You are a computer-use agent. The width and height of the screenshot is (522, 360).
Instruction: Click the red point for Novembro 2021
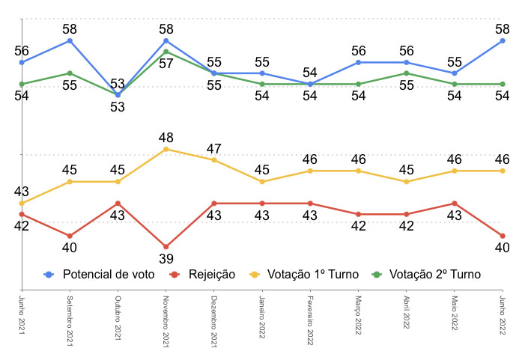coord(166,246)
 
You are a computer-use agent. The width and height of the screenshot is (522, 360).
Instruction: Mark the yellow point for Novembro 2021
coord(166,149)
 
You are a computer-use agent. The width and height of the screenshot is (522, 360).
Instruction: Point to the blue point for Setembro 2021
coord(70,40)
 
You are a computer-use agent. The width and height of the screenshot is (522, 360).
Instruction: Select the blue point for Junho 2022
coord(503,40)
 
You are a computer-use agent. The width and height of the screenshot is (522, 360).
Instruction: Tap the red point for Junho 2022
coord(503,236)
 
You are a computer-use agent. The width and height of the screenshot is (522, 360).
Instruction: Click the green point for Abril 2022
coord(407,73)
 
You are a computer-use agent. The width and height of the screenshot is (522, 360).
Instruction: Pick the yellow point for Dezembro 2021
coord(214,160)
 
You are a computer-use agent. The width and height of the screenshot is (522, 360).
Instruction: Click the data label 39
coord(166,259)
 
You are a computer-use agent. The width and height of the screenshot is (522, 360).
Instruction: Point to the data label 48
coord(166,138)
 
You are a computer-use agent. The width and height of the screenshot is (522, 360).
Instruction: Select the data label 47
coord(214,148)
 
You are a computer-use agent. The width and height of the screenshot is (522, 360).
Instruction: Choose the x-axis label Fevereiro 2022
coord(310,320)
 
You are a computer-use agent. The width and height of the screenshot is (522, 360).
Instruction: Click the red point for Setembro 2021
coord(70,236)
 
